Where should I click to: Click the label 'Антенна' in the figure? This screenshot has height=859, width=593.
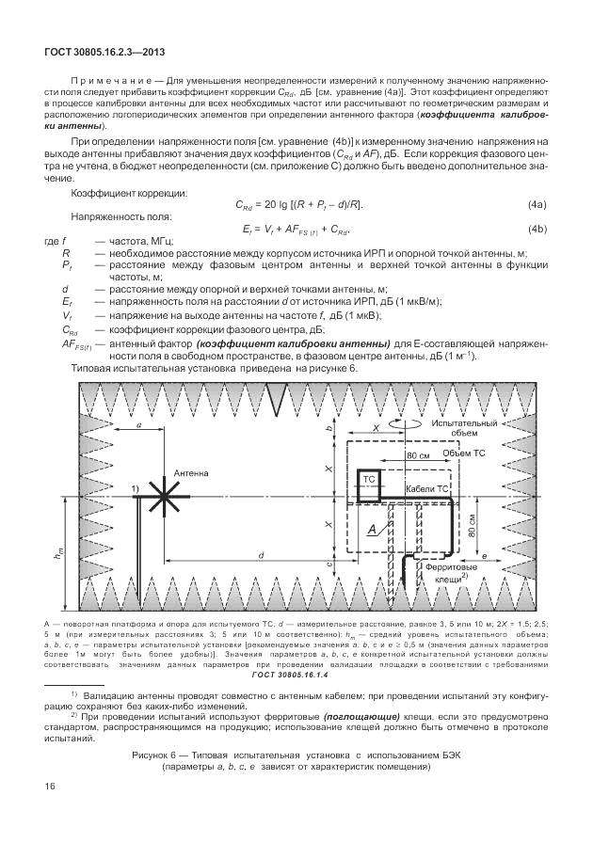tap(191, 473)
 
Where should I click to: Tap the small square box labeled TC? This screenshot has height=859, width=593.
tap(369, 479)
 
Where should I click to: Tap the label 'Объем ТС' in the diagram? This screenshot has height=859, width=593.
tap(462, 453)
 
